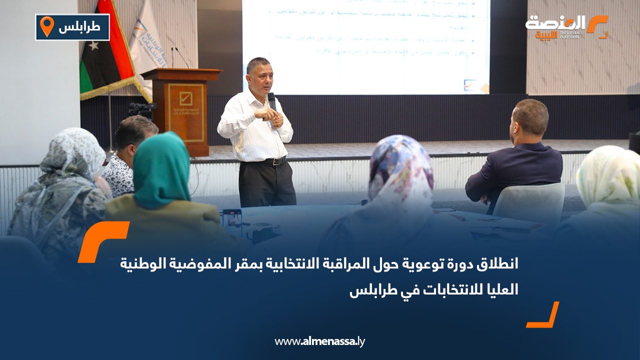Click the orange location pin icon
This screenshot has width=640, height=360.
tap(46, 26)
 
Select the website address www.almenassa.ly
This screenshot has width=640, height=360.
tap(320, 341)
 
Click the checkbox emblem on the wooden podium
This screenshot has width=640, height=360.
tap(185, 97)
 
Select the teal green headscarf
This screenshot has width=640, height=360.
tap(161, 170)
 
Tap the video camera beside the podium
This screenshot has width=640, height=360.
tap(141, 108)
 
